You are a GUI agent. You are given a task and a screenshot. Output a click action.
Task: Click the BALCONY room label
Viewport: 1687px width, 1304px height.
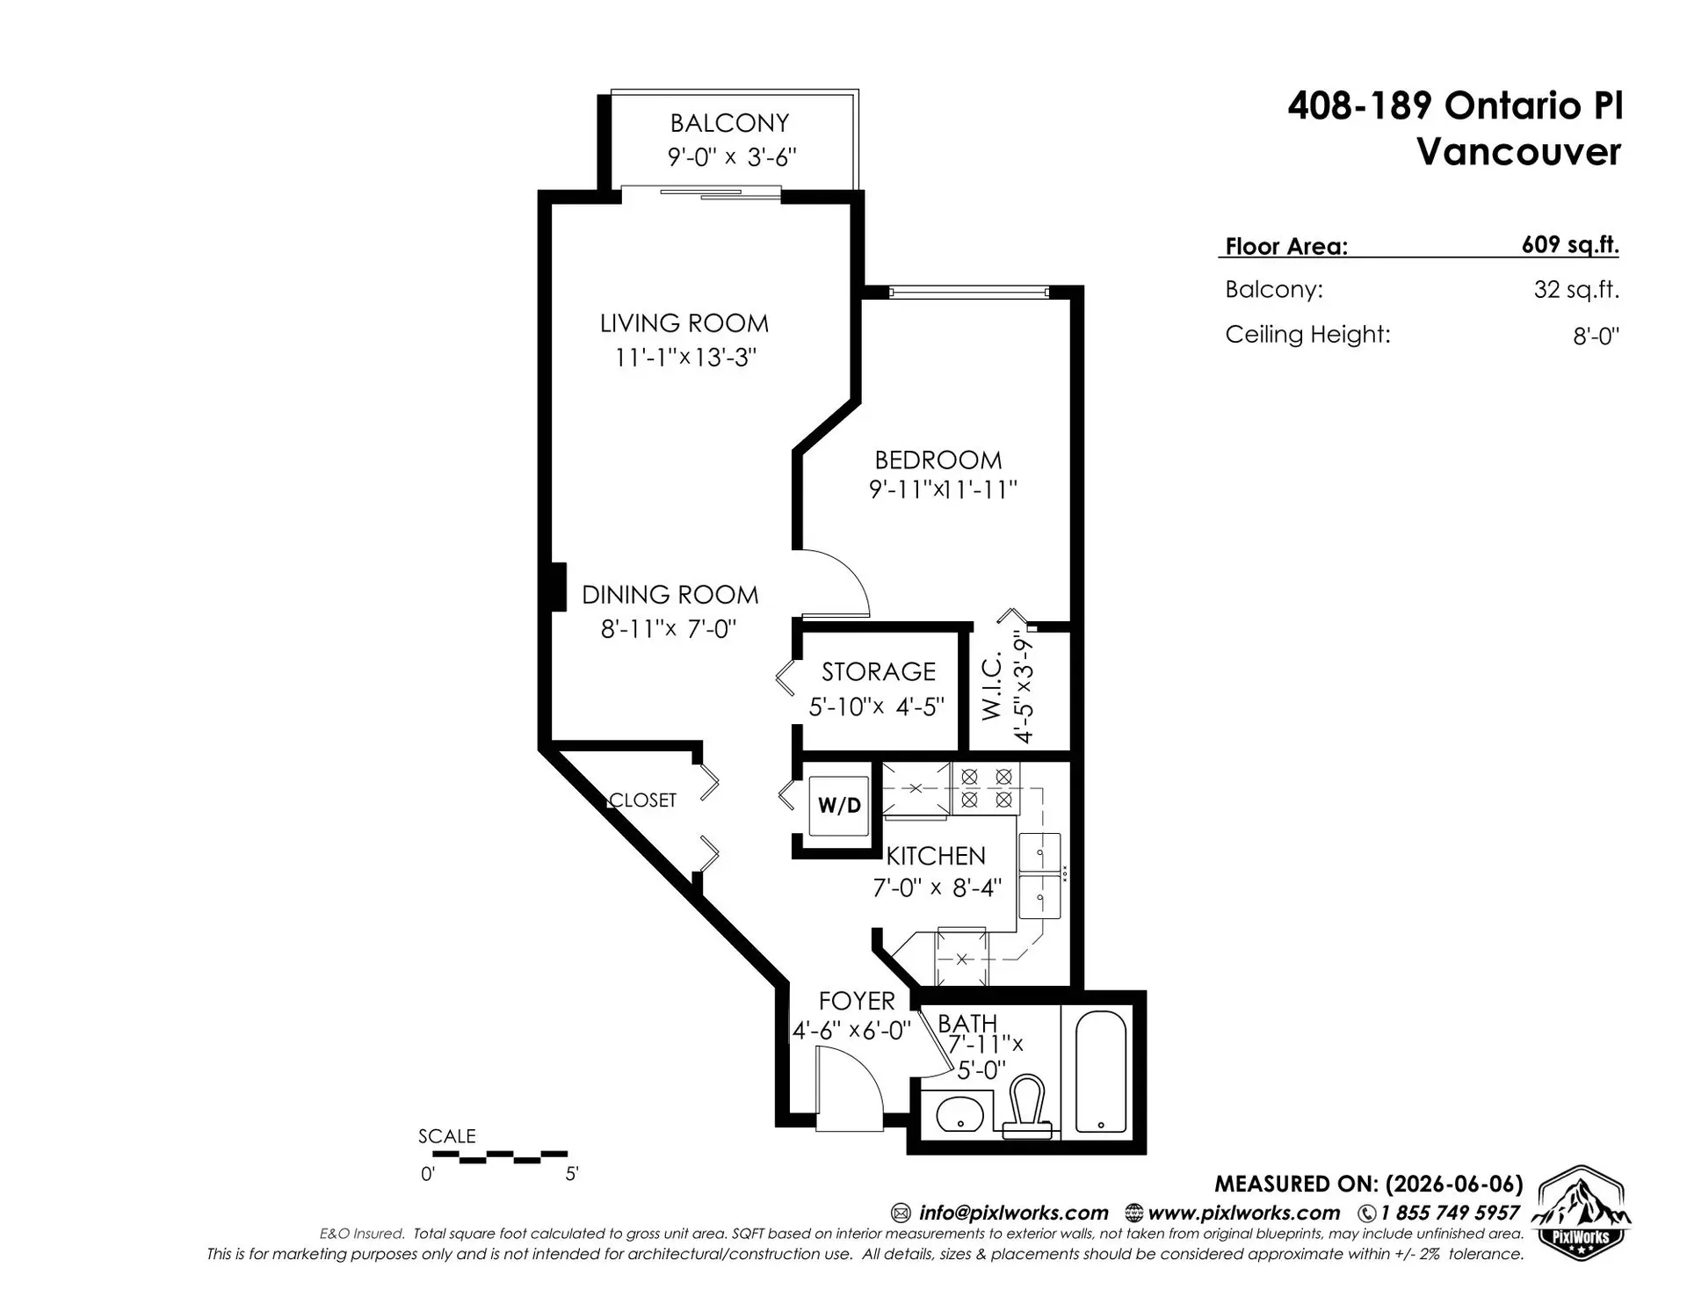coord(729,123)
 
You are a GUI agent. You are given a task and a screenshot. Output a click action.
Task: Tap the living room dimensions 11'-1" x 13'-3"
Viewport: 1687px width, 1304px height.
coord(685,358)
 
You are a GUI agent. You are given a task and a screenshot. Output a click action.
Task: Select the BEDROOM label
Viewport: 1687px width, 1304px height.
coord(938,460)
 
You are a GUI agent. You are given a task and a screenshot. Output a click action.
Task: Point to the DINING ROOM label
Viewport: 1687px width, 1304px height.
coord(670,595)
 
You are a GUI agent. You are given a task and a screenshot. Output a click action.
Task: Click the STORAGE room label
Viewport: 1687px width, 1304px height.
coord(879,672)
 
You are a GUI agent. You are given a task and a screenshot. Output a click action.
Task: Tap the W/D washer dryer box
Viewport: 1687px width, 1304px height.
coord(839,805)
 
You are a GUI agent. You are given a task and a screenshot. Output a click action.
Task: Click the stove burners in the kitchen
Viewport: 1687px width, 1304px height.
coord(986,788)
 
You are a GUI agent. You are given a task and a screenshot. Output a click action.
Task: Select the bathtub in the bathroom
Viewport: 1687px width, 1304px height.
coord(1102,1072)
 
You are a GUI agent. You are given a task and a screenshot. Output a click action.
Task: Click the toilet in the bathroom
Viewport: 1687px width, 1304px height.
coord(1026,1107)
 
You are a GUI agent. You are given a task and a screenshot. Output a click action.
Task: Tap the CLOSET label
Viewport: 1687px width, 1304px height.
coord(643,800)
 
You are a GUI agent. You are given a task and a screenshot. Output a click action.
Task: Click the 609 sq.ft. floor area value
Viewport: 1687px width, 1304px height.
coord(1570,245)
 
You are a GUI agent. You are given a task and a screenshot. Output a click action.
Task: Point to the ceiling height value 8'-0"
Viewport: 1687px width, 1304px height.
coord(1596,336)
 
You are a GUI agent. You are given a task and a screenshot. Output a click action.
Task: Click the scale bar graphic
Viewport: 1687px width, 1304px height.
coord(500,1156)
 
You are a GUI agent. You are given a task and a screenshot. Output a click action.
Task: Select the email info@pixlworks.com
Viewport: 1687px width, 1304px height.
coord(1013,1213)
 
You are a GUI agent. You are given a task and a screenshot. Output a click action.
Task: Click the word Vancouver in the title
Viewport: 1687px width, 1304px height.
coord(1518,152)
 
